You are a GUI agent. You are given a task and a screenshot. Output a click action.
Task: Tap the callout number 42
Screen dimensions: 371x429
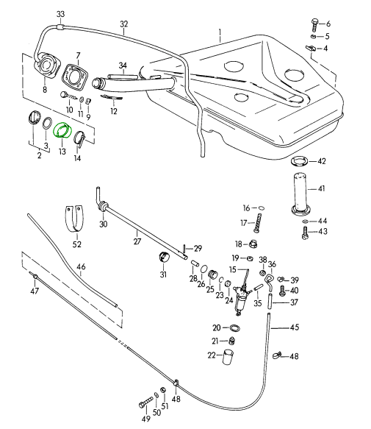click(x=322, y=161)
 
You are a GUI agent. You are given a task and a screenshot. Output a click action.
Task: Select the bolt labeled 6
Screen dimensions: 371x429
click(x=314, y=25)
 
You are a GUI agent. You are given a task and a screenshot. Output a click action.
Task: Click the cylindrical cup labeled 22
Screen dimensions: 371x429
click(x=228, y=356)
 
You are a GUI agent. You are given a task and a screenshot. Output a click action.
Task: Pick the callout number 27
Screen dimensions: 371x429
click(x=137, y=241)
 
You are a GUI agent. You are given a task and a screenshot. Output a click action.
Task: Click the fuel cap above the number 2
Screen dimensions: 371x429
click(x=34, y=118)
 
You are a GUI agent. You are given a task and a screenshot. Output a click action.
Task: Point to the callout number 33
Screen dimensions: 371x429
click(x=61, y=14)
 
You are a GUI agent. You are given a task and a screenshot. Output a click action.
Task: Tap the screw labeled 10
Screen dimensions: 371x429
click(x=68, y=96)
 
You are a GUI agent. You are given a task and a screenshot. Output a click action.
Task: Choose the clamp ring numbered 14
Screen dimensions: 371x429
click(x=80, y=138)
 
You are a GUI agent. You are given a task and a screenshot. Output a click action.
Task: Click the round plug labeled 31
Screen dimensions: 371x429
click(x=164, y=257)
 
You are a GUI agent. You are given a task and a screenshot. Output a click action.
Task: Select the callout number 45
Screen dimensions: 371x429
click(x=295, y=327)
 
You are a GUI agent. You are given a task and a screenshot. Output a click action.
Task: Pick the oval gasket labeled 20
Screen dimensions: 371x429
click(x=234, y=328)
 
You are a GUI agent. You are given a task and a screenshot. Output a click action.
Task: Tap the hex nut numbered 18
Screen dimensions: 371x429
click(x=253, y=244)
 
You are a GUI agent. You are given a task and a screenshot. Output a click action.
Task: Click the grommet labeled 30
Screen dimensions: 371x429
click(x=104, y=206)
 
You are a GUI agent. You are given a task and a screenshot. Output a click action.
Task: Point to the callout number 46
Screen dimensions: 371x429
click(x=81, y=266)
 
